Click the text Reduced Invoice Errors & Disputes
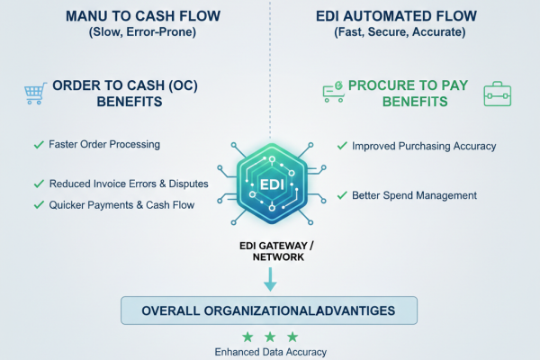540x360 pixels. pyautogui.click(x=129, y=184)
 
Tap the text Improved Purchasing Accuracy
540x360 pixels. pyautogui.click(x=423, y=145)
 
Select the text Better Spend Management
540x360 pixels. pyautogui.click(x=414, y=195)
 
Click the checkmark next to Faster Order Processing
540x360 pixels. pyautogui.click(x=38, y=144)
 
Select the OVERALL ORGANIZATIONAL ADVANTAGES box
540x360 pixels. pyautogui.click(x=270, y=311)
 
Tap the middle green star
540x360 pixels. pyautogui.click(x=270, y=337)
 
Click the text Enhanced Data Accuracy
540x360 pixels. pyautogui.click(x=270, y=352)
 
